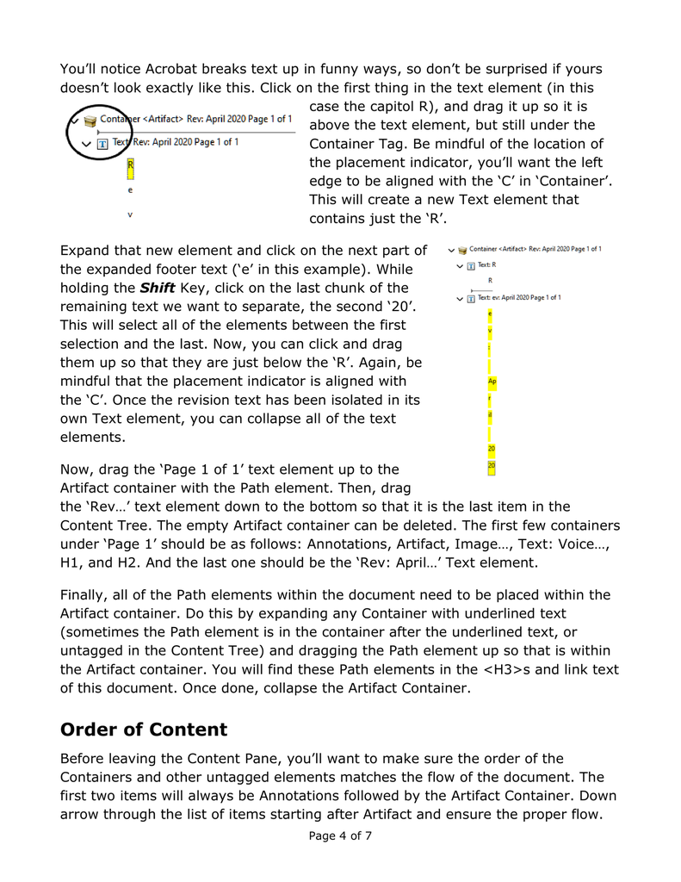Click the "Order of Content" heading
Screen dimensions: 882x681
[144, 730]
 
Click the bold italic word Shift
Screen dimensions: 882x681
[158, 288]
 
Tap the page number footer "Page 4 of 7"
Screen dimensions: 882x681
[340, 835]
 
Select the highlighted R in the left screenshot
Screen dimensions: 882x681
[130, 165]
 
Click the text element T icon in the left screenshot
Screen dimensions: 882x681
[102, 143]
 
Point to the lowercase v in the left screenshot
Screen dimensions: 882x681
[130, 214]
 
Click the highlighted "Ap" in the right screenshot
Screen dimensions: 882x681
[492, 381]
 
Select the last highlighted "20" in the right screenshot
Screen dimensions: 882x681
[492, 466]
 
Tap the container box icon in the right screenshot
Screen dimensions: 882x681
[462, 250]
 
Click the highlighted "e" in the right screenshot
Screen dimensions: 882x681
[491, 314]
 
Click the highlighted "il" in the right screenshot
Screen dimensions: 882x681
[491, 415]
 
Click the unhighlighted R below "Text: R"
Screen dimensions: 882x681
[491, 280]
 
